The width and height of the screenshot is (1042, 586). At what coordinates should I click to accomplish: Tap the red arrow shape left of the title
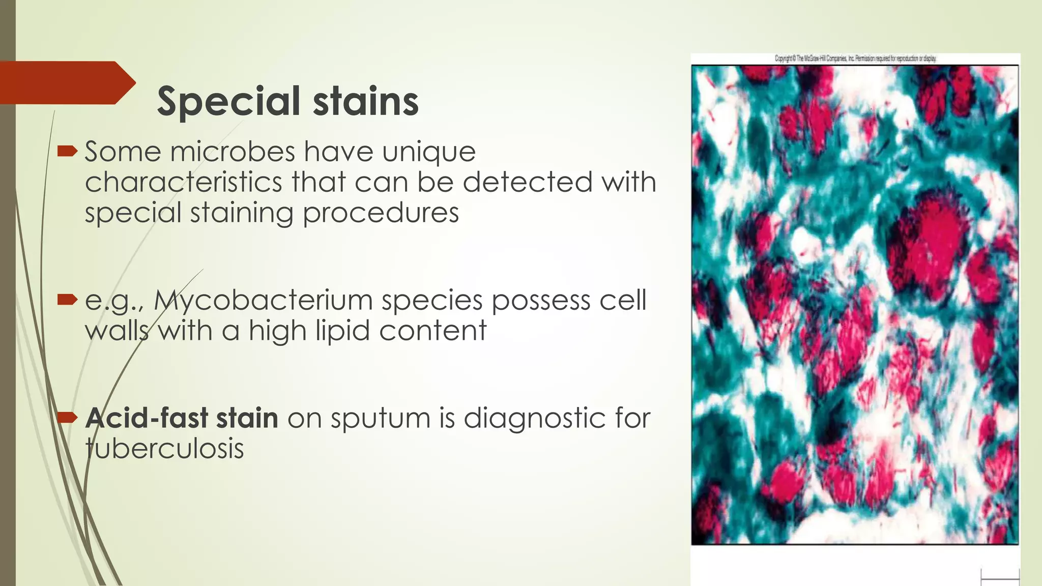[x=66, y=83]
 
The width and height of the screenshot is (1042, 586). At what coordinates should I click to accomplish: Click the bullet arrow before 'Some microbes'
[x=67, y=151]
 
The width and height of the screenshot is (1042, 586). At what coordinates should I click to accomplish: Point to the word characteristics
[x=183, y=182]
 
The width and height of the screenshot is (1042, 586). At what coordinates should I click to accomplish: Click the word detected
[x=528, y=182]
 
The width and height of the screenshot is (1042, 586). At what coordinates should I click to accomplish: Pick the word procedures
[x=381, y=213]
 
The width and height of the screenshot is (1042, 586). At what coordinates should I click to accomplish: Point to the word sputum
[x=375, y=419]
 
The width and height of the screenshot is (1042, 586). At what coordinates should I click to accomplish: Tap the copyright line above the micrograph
[x=855, y=58]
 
